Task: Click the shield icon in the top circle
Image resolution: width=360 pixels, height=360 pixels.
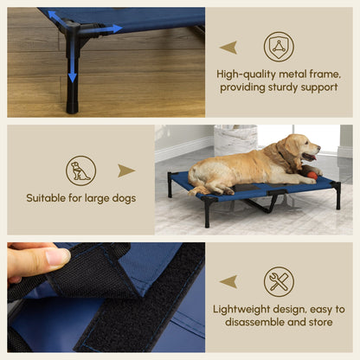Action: pos(278,46)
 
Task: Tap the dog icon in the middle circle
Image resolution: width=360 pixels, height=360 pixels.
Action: pos(80,170)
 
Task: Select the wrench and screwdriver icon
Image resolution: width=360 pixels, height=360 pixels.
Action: pos(279,281)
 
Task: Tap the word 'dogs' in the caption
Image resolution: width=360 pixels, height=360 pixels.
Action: pos(121,198)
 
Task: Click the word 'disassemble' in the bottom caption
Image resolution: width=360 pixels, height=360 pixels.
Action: pos(252,323)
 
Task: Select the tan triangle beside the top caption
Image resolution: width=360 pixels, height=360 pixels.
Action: pos(228,47)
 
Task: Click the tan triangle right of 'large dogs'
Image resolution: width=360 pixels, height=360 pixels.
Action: pos(126,170)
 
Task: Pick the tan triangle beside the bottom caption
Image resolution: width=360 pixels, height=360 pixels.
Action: pos(228,281)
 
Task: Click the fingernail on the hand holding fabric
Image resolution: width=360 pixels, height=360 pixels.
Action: pos(57,257)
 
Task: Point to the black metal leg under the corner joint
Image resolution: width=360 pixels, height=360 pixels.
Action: pos(72,91)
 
